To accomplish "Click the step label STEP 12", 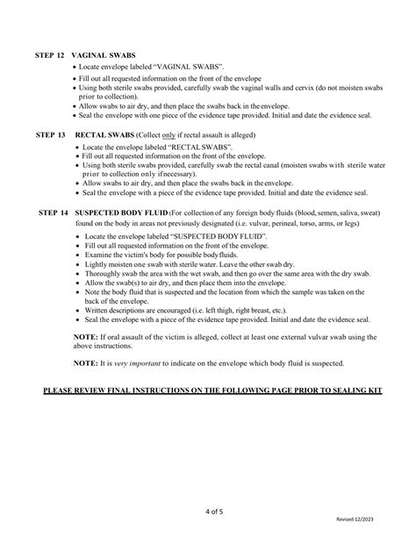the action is (51, 54).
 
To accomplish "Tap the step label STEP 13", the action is (51, 136).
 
